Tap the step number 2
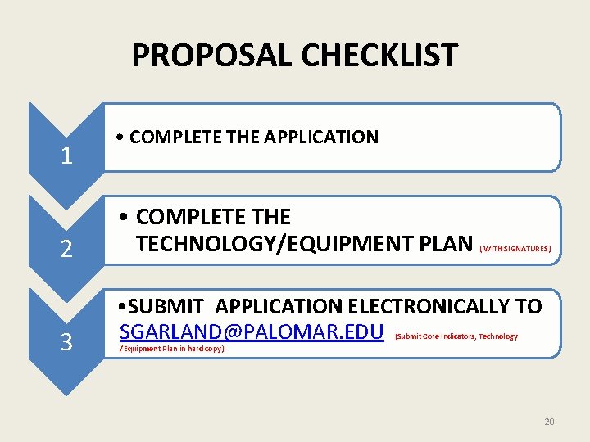[x=67, y=249]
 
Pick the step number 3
[x=67, y=342]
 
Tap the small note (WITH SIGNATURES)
[x=515, y=248]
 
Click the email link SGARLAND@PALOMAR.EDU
[x=252, y=332]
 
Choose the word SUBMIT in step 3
[x=167, y=307]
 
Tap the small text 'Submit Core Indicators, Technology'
[x=456, y=336]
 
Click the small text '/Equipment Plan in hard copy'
[x=171, y=349]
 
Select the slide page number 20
[x=549, y=422]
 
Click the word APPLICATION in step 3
[x=279, y=307]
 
